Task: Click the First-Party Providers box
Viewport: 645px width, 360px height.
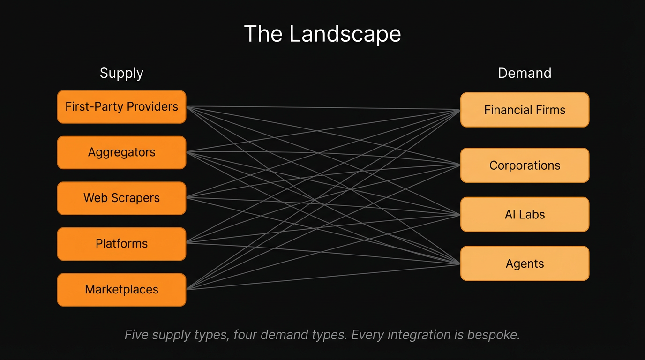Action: [x=121, y=107]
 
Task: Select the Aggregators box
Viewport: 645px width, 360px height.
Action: [x=121, y=152]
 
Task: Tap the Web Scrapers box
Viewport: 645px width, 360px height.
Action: [x=121, y=198]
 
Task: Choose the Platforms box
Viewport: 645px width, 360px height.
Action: [x=121, y=244]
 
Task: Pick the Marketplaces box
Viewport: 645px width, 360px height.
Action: [x=121, y=290]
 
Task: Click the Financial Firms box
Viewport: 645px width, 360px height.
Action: [x=525, y=110]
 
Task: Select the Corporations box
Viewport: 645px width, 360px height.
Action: [x=525, y=165]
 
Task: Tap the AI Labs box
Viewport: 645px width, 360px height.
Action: [x=525, y=215]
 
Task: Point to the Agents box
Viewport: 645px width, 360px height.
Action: [x=525, y=263]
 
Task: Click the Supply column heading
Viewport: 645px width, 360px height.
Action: [x=121, y=74]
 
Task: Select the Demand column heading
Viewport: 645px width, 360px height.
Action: [x=525, y=74]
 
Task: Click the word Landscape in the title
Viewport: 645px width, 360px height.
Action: [x=345, y=35]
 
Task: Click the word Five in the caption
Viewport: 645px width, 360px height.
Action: [x=136, y=335]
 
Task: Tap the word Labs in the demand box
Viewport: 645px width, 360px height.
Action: [x=532, y=215]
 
